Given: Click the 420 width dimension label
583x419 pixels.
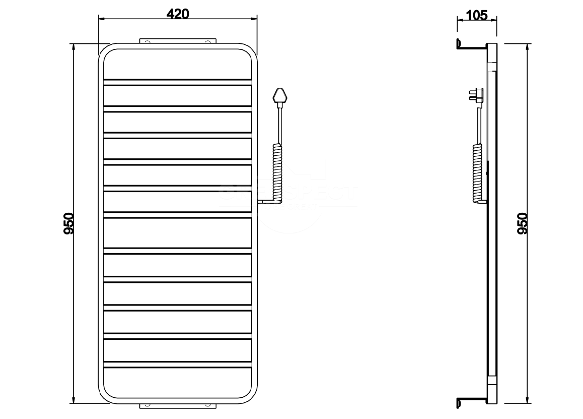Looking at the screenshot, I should [x=177, y=14].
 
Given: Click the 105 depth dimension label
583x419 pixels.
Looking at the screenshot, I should [x=477, y=15].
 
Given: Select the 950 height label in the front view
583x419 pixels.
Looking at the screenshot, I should [x=69, y=223].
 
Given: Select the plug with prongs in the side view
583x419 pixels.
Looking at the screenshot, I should [x=476, y=94].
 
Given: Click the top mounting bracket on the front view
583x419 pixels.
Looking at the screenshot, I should [x=177, y=40].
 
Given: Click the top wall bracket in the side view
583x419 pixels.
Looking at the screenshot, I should [x=471, y=46].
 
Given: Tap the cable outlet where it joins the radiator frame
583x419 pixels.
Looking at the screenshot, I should [x=259, y=202].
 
